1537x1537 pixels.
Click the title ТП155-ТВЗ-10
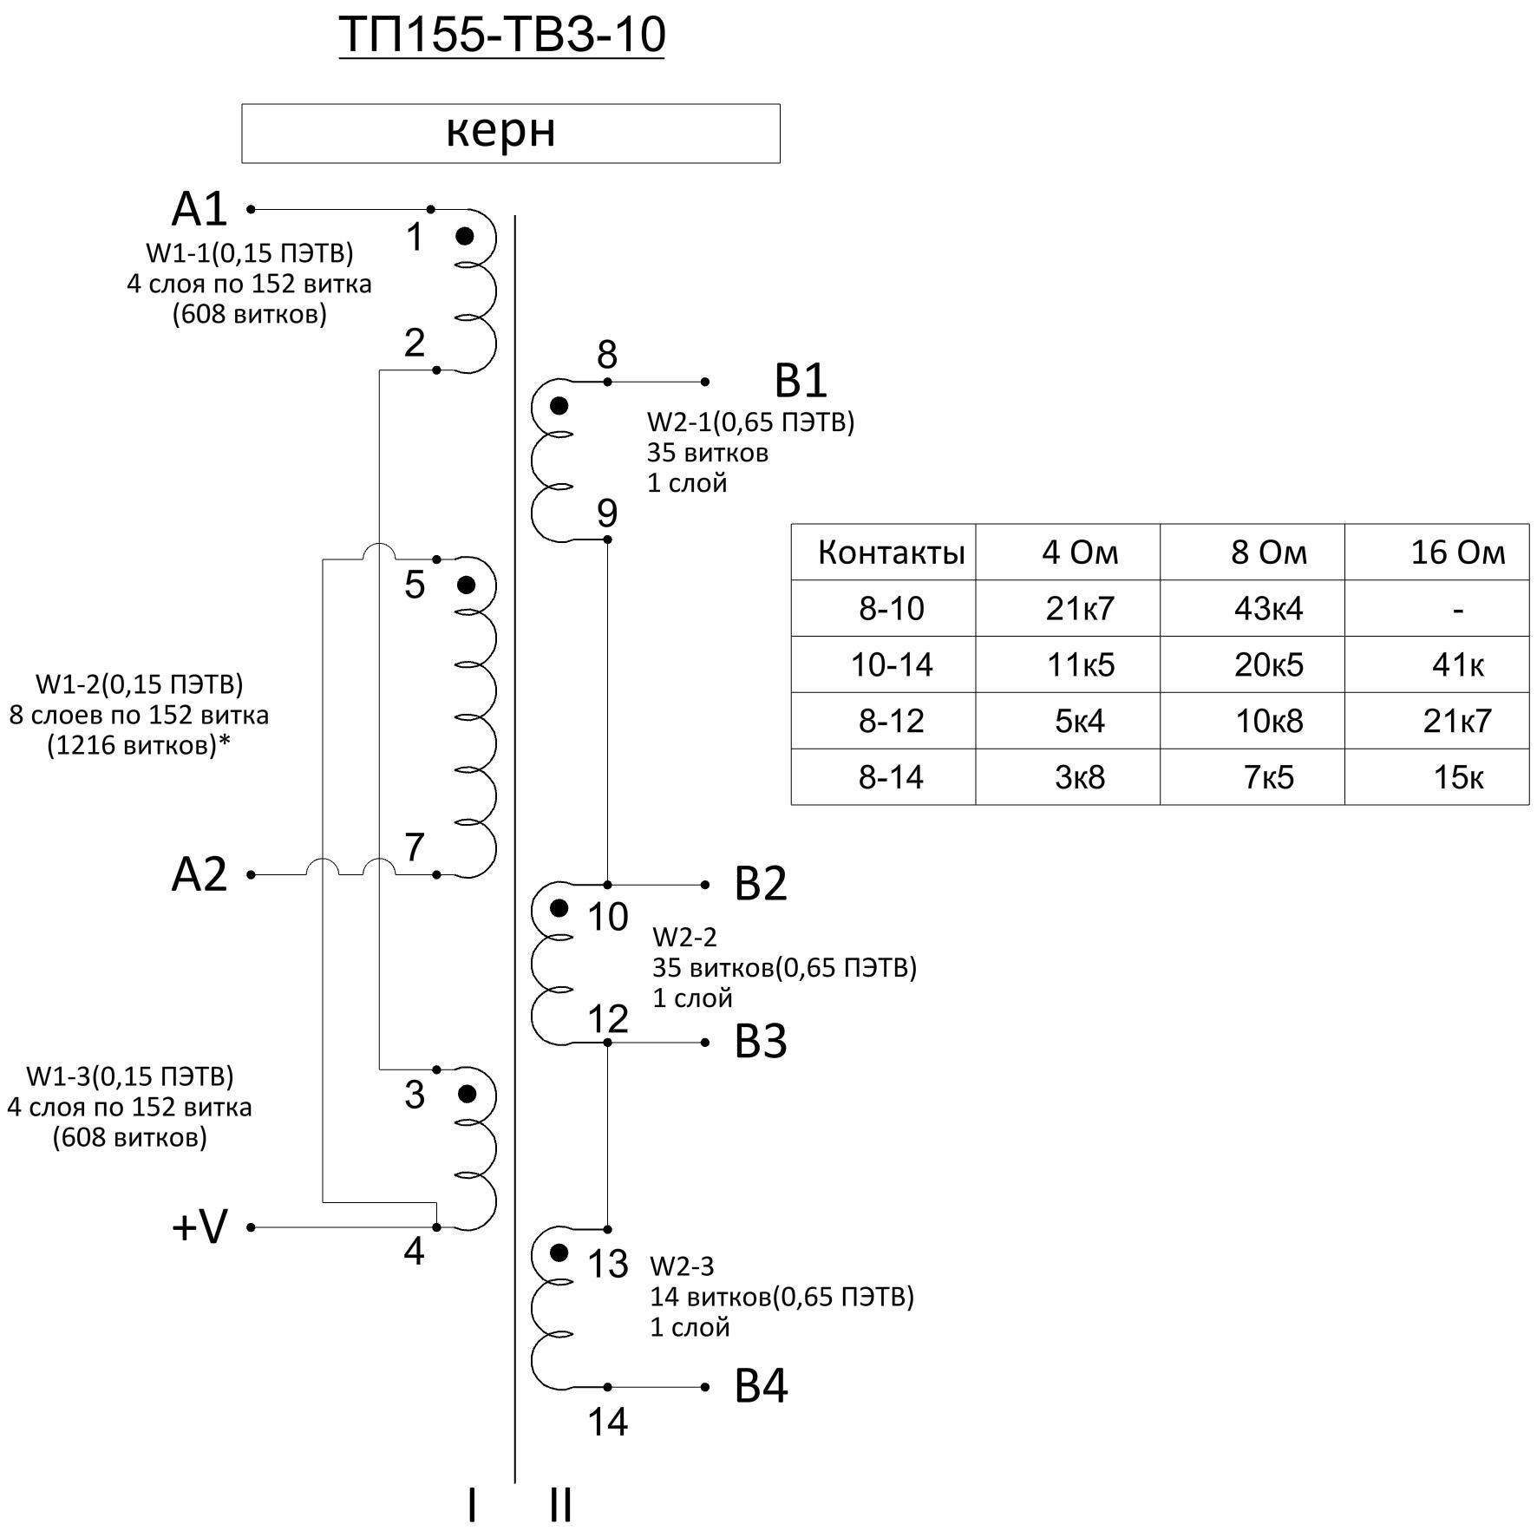tap(501, 35)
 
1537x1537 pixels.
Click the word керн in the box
tap(500, 132)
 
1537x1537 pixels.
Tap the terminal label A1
tap(199, 210)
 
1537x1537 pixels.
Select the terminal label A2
tap(199, 874)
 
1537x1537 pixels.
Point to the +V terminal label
tap(200, 1226)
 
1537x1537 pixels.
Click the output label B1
tap(800, 381)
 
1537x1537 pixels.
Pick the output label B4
tap(761, 1386)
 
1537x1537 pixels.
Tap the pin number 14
tap(607, 1422)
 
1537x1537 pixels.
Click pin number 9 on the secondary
tap(607, 513)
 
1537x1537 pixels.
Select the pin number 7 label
tap(415, 847)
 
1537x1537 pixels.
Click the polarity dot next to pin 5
tap(466, 585)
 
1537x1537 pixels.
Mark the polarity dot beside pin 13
tap(559, 1252)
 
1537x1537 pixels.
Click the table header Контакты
tap(891, 553)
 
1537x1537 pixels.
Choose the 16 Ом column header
tap(1457, 553)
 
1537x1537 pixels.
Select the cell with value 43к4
tap(1268, 608)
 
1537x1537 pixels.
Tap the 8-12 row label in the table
tap(891, 721)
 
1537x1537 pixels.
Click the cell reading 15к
tap(1457, 777)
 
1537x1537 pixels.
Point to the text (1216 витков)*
tap(139, 745)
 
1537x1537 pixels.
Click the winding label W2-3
tap(682, 1266)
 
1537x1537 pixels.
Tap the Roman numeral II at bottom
tap(560, 1505)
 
